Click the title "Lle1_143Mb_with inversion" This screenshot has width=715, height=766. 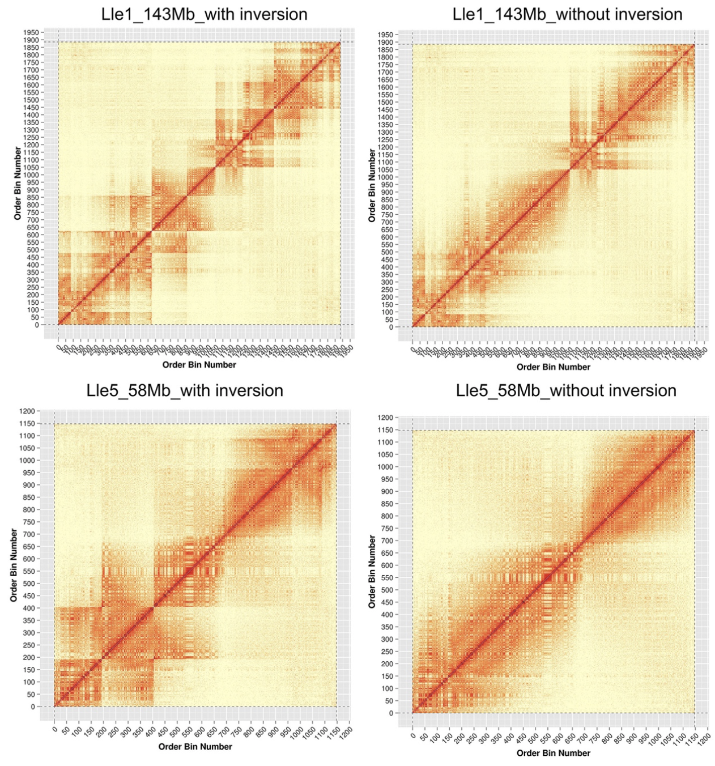tap(204, 14)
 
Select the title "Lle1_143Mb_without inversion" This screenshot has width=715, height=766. tap(567, 14)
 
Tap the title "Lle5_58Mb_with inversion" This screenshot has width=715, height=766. tap(185, 390)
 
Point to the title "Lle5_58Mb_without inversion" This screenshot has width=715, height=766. tap(566, 390)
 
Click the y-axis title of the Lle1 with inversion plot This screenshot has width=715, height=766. tap(18, 184)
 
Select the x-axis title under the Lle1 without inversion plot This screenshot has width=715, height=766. tap(553, 367)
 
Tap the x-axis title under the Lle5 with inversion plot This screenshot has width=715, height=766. tap(195, 747)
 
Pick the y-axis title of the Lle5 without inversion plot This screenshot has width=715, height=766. tap(372, 572)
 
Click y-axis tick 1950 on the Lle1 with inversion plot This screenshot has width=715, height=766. tap(31, 33)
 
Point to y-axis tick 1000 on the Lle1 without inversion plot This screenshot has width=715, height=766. tap(385, 177)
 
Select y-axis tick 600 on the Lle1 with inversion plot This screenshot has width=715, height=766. tap(32, 235)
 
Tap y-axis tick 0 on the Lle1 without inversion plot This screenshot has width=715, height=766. tap(390, 327)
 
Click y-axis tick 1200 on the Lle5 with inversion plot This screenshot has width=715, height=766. tap(27, 411)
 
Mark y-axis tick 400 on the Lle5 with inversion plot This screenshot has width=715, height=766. tap(28, 608)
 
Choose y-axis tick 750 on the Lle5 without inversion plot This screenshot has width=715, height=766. tap(386, 529)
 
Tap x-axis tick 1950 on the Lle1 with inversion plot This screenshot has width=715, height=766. tap(347, 348)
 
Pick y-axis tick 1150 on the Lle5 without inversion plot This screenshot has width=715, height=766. tap(385, 430)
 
